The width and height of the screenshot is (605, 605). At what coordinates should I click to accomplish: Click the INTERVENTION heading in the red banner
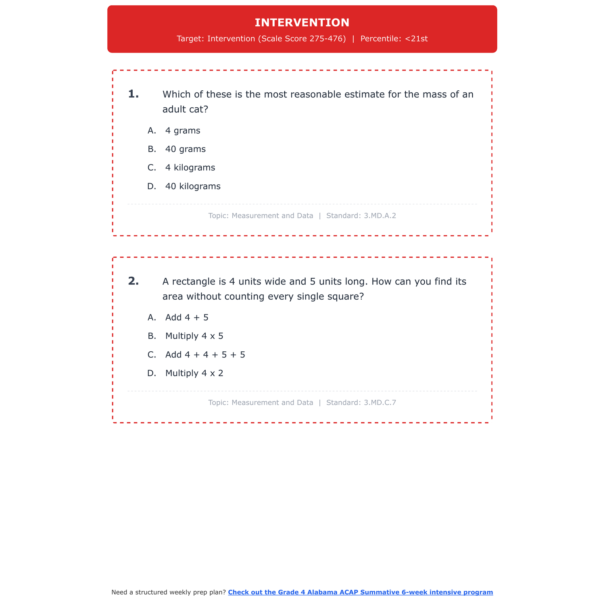pos(302,23)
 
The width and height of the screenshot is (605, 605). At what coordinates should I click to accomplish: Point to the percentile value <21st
pos(416,39)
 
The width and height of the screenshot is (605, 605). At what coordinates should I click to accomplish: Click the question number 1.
pos(133,94)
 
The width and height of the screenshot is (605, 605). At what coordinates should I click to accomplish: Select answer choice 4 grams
pos(183,131)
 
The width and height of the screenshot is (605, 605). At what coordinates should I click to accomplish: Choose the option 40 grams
pos(185,149)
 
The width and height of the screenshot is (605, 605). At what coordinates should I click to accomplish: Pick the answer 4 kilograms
pos(190,168)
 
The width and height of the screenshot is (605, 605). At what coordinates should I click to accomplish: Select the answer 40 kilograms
pos(193,186)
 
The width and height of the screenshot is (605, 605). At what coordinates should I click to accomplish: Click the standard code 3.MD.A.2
pos(380,216)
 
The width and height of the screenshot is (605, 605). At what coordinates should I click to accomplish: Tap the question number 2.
pos(133,281)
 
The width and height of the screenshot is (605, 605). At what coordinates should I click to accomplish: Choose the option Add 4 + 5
pos(187,317)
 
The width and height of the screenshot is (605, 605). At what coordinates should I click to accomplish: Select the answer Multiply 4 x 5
pos(194,336)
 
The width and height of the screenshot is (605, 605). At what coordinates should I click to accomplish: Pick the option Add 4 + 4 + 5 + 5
pos(205,355)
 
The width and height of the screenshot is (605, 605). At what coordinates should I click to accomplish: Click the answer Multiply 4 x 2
pos(194,373)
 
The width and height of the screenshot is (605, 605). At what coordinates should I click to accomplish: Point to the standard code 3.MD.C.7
pos(380,403)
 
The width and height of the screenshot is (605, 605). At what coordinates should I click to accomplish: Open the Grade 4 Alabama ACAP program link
pos(360,592)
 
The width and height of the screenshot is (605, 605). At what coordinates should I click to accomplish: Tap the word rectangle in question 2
pos(191,282)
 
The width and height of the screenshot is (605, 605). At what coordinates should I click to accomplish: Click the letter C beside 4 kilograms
pos(152,168)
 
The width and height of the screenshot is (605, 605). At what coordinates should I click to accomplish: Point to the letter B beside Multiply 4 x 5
pos(152,336)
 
